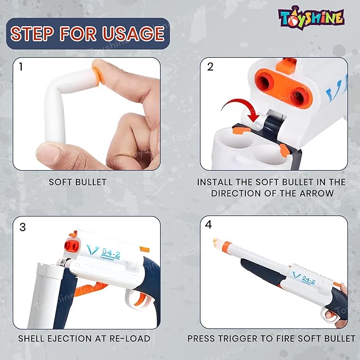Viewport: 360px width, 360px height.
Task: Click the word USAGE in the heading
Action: [134, 33]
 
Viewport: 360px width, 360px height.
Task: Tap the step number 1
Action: [21, 67]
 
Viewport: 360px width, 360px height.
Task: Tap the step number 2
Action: [210, 67]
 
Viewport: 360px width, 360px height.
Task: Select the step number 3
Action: [22, 227]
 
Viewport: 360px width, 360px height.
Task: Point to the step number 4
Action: [208, 225]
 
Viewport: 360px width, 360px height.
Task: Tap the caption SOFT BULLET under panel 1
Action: [77, 182]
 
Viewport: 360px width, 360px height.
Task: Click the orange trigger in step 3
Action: [141, 299]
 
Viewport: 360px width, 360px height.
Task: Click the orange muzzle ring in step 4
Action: [226, 247]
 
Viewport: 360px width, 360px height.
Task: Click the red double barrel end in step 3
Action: [72, 246]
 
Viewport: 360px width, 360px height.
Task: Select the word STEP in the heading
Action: [32, 33]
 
